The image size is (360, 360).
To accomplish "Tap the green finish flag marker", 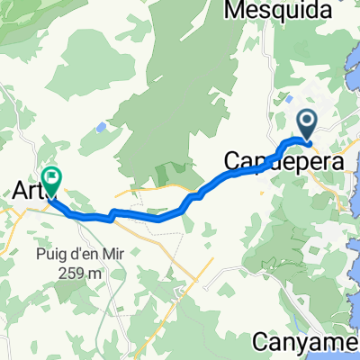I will (53, 181).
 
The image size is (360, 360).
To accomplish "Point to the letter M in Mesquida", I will (214, 10).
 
